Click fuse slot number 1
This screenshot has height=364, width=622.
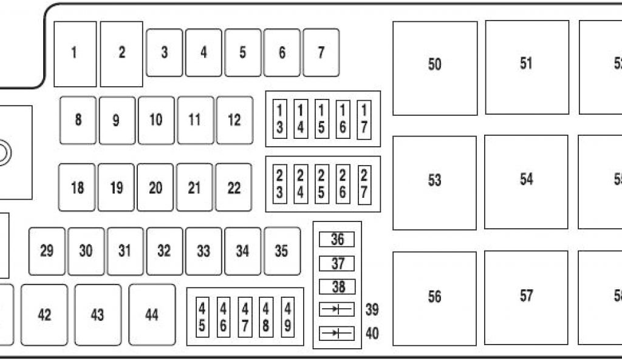point(75,53)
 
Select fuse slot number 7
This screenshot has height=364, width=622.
point(321,53)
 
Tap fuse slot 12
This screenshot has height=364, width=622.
point(234,120)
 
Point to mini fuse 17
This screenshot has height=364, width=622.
point(364,119)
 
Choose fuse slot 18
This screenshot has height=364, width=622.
point(77,187)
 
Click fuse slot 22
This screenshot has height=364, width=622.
point(234,187)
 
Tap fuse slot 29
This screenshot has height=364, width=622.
point(47,251)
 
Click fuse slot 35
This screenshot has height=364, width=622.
point(281,251)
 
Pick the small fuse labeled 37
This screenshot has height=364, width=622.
point(337,263)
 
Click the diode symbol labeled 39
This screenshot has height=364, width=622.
point(337,310)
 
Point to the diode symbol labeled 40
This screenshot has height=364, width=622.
point(337,333)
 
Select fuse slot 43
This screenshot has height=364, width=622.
point(97,315)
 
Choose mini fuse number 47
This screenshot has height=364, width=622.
point(245,317)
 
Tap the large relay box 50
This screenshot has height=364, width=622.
point(434,68)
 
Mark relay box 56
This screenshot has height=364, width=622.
point(434,297)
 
